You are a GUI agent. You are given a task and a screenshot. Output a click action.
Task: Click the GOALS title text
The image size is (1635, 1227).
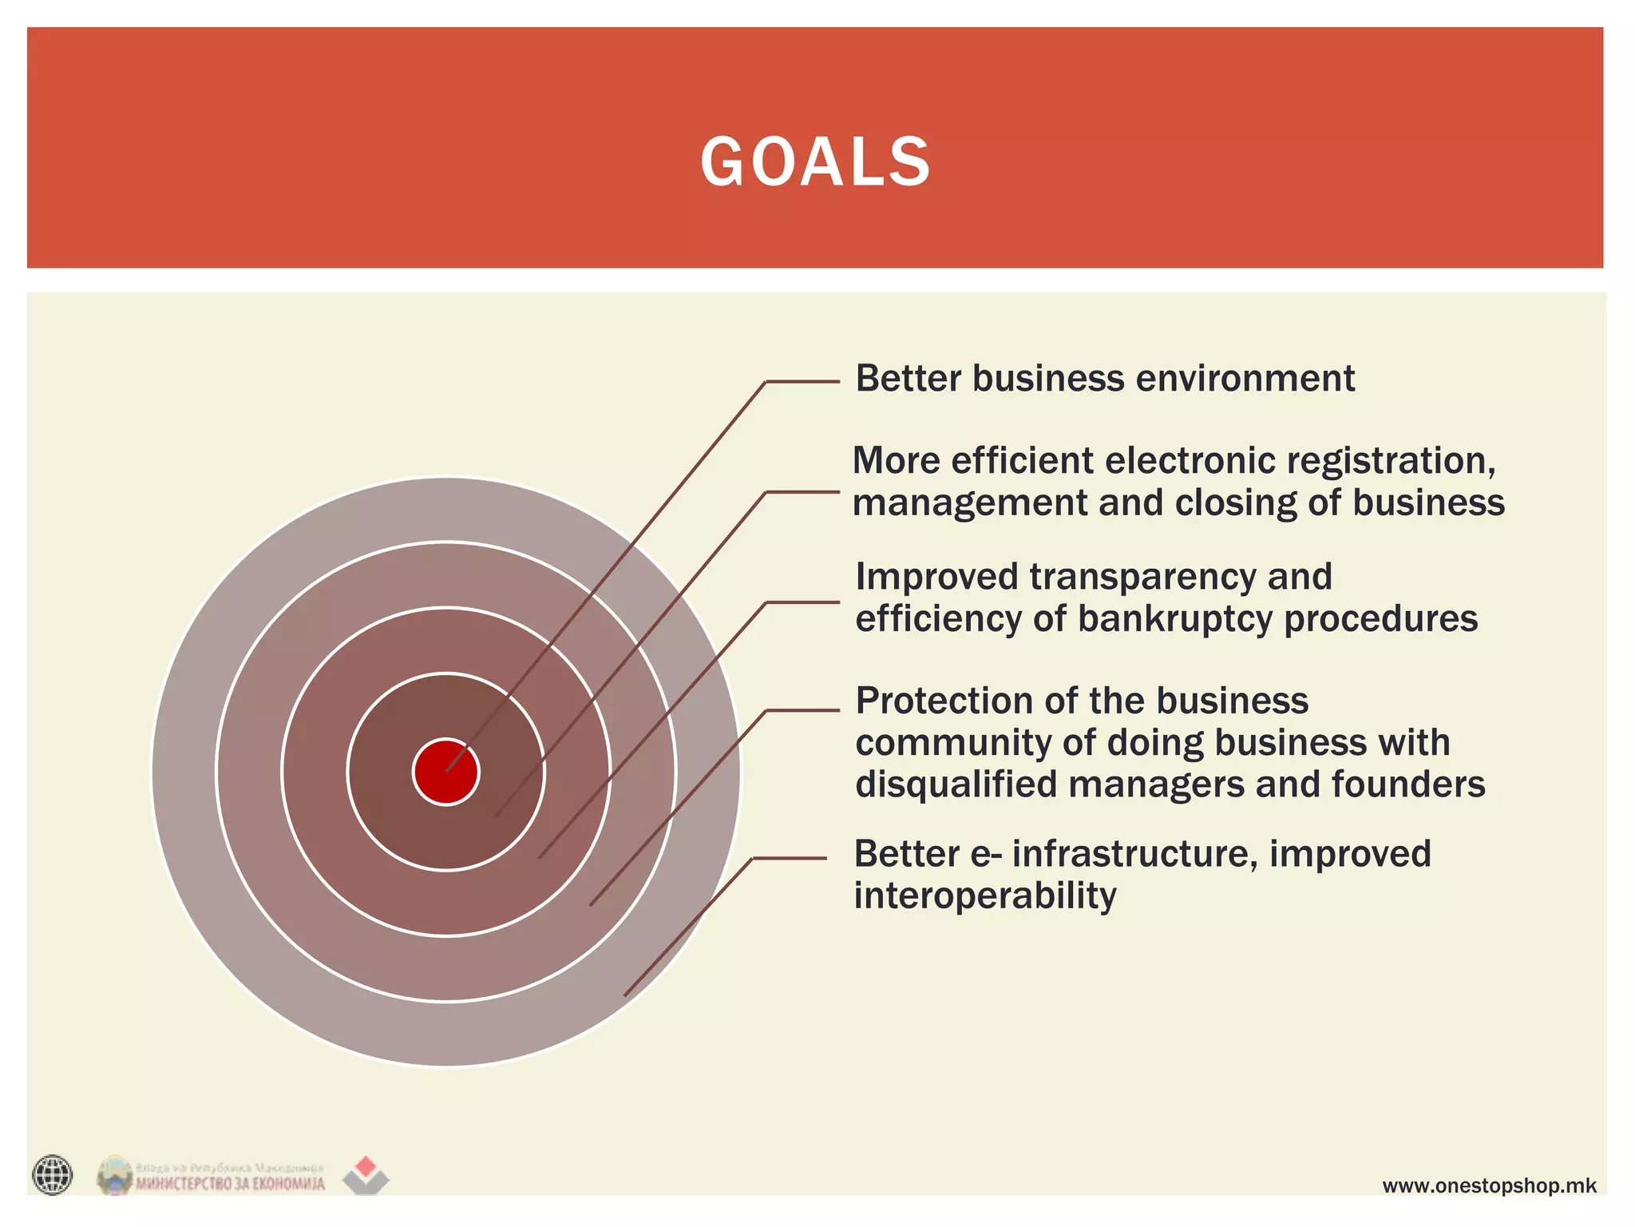(815, 162)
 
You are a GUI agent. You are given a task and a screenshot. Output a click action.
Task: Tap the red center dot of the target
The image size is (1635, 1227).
(446, 772)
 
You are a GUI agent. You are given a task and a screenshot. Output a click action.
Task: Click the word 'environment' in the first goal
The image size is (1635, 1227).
(1245, 379)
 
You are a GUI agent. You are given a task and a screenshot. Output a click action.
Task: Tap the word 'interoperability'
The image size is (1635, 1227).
(984, 896)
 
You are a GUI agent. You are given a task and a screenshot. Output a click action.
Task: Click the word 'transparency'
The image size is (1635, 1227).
(1142, 577)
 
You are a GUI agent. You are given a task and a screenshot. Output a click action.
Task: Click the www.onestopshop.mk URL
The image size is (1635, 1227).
(1489, 1185)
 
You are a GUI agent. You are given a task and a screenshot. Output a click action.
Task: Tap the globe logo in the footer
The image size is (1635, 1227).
(53, 1175)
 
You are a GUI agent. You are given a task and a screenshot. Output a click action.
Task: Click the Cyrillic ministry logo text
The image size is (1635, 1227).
(230, 1183)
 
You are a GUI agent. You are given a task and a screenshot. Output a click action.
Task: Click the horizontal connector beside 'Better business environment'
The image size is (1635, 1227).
(802, 382)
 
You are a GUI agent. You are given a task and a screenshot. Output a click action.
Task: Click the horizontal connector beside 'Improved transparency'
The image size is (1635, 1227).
(802, 602)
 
